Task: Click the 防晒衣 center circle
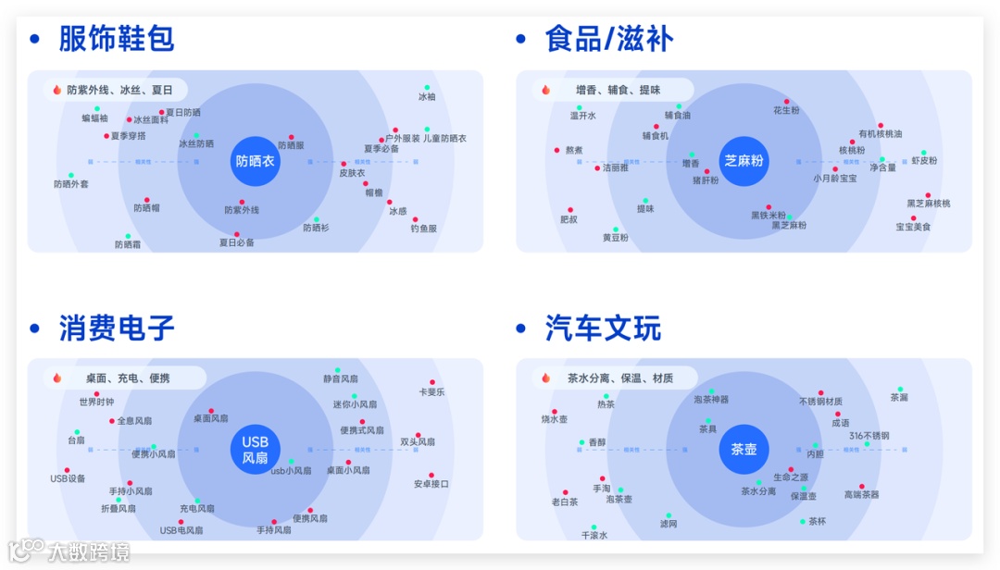[x=255, y=161]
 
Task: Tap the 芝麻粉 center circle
[x=744, y=161]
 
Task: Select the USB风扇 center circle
[x=255, y=450]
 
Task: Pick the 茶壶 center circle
[x=744, y=450]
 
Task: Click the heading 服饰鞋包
[x=116, y=39]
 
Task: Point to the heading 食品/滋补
[x=608, y=39]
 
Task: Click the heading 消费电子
[x=116, y=328]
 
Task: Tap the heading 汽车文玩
[x=603, y=328]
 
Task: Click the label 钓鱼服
[x=423, y=229]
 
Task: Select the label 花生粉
[x=786, y=110]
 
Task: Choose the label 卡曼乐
[x=431, y=392]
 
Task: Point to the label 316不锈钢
[x=869, y=436]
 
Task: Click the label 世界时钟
[x=96, y=403]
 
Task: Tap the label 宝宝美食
[x=913, y=227]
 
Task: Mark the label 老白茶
[x=565, y=502]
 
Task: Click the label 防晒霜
[x=128, y=245]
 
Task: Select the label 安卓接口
[x=431, y=484]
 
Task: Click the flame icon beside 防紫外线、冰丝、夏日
[x=56, y=90]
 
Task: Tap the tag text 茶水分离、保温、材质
[x=620, y=378]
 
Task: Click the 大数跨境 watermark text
[x=89, y=552]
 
